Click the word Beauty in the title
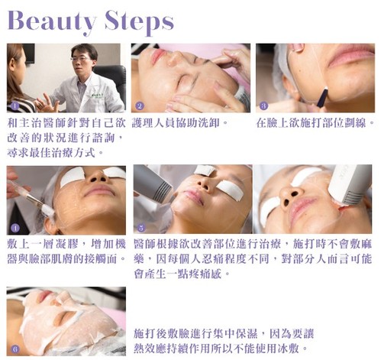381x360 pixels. [52, 21]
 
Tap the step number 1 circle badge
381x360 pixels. [15, 106]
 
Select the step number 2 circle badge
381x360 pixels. [140, 106]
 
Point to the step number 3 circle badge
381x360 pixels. [263, 106]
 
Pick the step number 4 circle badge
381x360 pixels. [15, 228]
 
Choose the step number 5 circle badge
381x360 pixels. [141, 228]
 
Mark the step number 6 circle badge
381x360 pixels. [15, 349]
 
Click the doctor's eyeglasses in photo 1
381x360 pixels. [81, 59]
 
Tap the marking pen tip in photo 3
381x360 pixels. [325, 89]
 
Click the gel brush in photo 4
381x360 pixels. [31, 196]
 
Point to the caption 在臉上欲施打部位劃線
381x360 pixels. [315, 123]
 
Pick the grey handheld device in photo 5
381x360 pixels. [152, 183]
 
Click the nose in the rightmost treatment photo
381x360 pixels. [291, 196]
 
